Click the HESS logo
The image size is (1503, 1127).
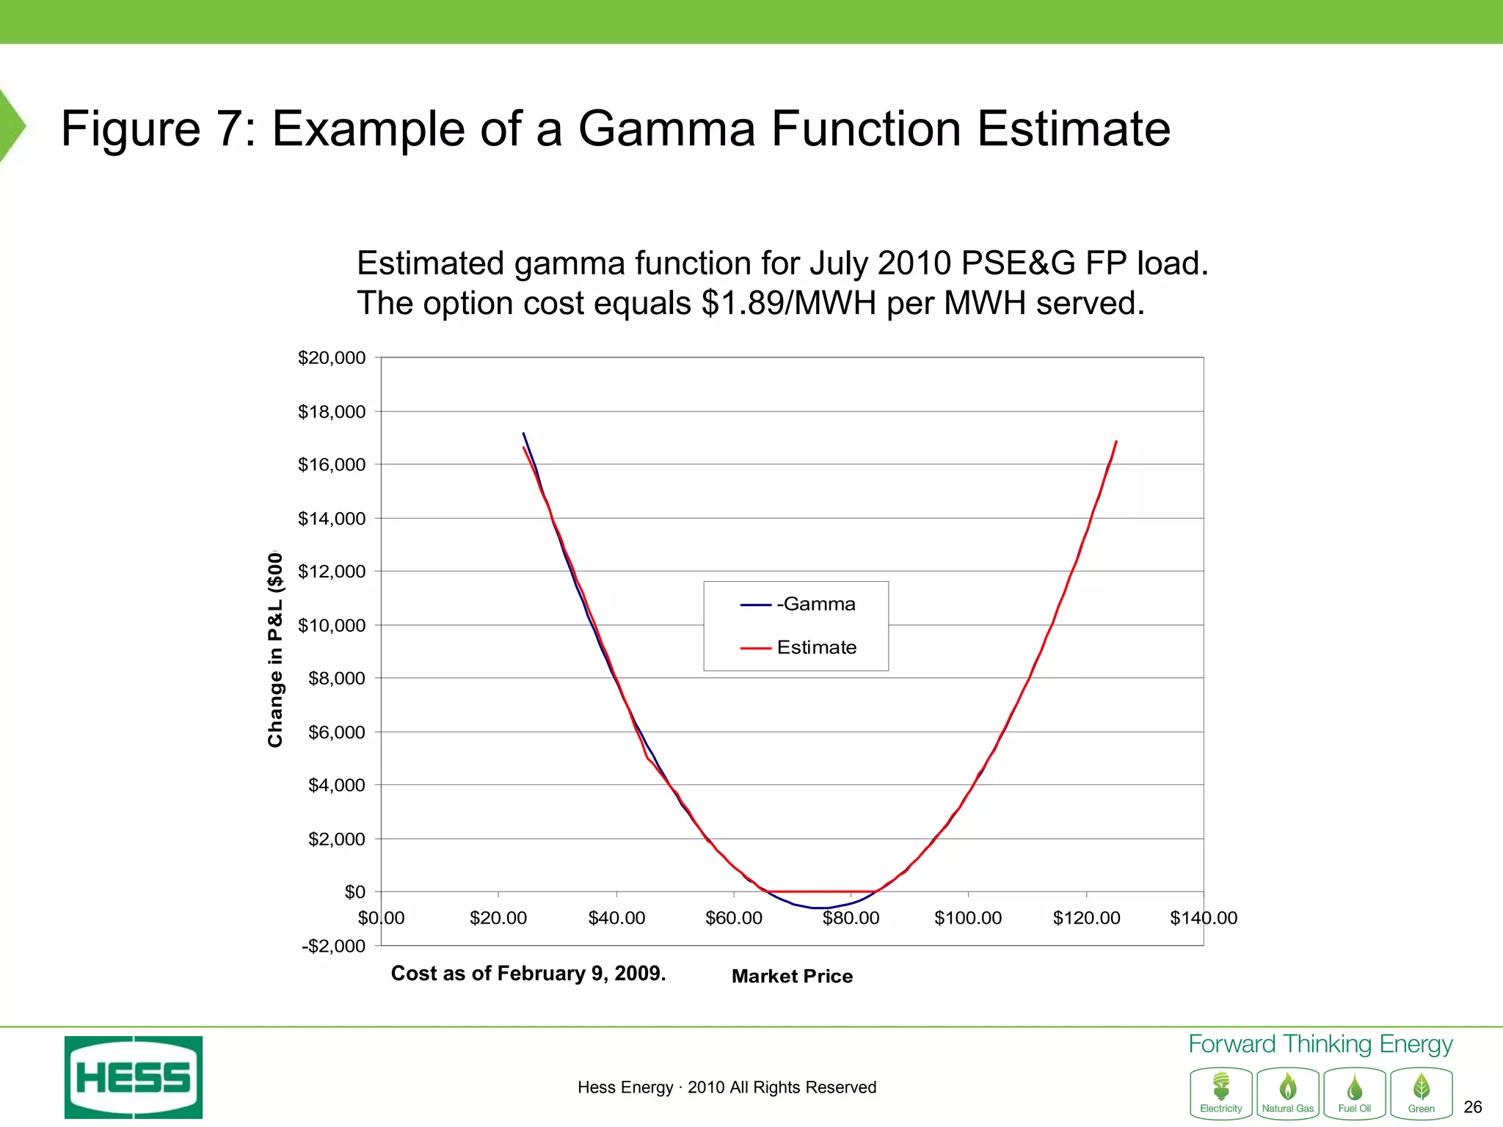[x=134, y=1077]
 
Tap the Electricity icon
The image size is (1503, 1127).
[x=1221, y=1093]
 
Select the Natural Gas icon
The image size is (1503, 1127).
[x=1288, y=1093]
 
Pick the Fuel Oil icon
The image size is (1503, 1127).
[x=1355, y=1093]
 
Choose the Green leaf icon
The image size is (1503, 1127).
[x=1422, y=1093]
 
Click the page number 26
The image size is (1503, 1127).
[x=1472, y=1107]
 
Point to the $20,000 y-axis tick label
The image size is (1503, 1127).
[x=332, y=358]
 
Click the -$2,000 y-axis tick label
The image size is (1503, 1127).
[x=334, y=946]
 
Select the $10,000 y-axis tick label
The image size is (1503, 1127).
[x=332, y=625]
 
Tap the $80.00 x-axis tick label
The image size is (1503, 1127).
[x=851, y=918]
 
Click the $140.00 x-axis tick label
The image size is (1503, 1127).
[x=1204, y=918]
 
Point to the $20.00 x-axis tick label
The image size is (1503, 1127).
[x=498, y=918]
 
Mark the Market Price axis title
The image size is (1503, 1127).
[x=792, y=976]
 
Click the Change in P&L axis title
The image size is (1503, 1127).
[x=275, y=649]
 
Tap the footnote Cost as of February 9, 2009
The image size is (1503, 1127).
[x=528, y=973]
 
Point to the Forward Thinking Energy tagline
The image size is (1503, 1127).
[x=1320, y=1043]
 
